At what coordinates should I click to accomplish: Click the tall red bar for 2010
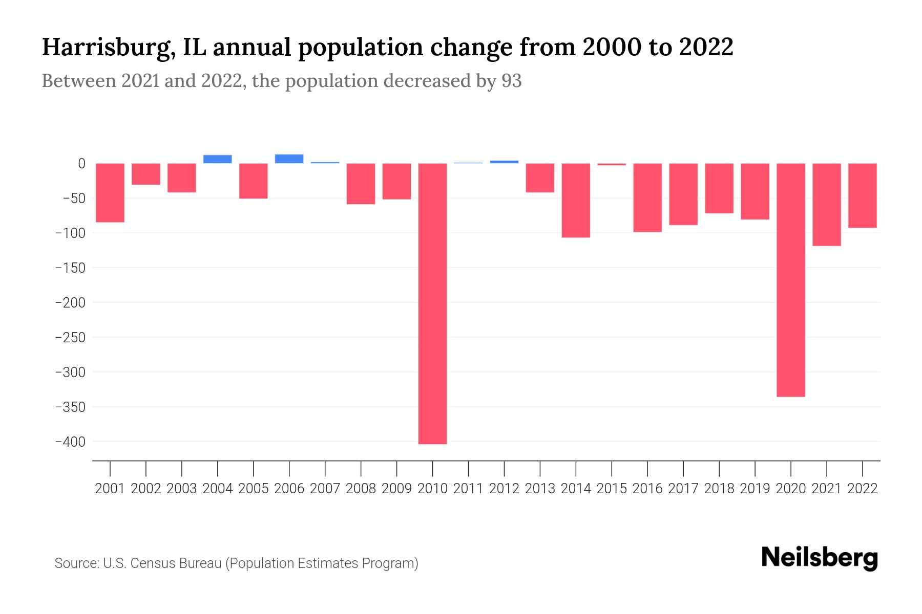432,303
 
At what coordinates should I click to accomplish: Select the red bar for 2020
790,280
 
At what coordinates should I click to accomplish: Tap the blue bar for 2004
217,159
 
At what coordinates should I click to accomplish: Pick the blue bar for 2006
289,159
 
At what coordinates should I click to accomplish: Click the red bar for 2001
110,192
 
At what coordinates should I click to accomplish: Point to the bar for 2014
576,200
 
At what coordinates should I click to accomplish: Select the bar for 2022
862,195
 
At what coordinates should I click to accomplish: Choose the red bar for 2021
826,204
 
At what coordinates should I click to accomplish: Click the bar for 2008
361,183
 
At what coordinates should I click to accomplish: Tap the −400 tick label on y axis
70,442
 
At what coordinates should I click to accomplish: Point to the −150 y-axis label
70,268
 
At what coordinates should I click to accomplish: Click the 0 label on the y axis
81,164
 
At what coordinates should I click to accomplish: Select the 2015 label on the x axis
612,489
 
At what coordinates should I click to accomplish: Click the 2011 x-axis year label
468,489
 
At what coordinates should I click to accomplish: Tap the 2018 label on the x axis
719,489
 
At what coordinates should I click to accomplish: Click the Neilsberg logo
819,558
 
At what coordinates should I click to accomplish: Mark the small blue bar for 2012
504,162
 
